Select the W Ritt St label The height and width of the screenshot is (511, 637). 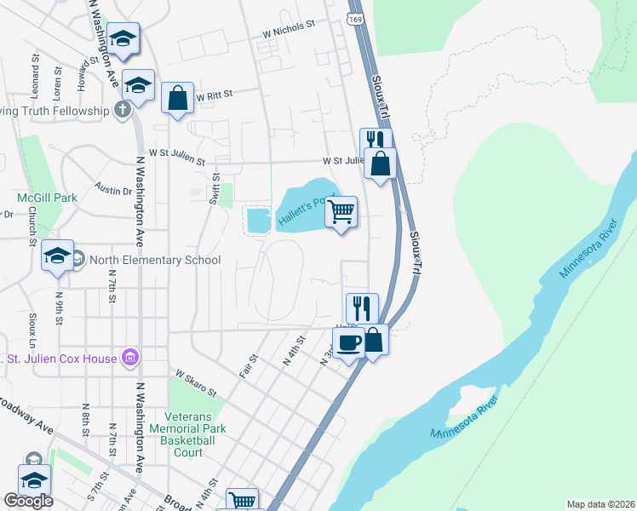214,97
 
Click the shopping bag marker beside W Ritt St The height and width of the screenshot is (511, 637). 177,99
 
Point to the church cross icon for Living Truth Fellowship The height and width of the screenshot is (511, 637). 123,110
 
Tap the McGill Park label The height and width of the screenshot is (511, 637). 48,198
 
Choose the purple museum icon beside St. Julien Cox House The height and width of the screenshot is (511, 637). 130,358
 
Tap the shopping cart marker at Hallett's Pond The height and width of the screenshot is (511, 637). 341,212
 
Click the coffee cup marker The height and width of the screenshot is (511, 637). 348,343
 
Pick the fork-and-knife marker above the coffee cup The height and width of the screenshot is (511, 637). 362,307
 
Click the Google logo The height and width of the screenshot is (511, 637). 28,501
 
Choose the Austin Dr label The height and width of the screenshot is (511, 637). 113,188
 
